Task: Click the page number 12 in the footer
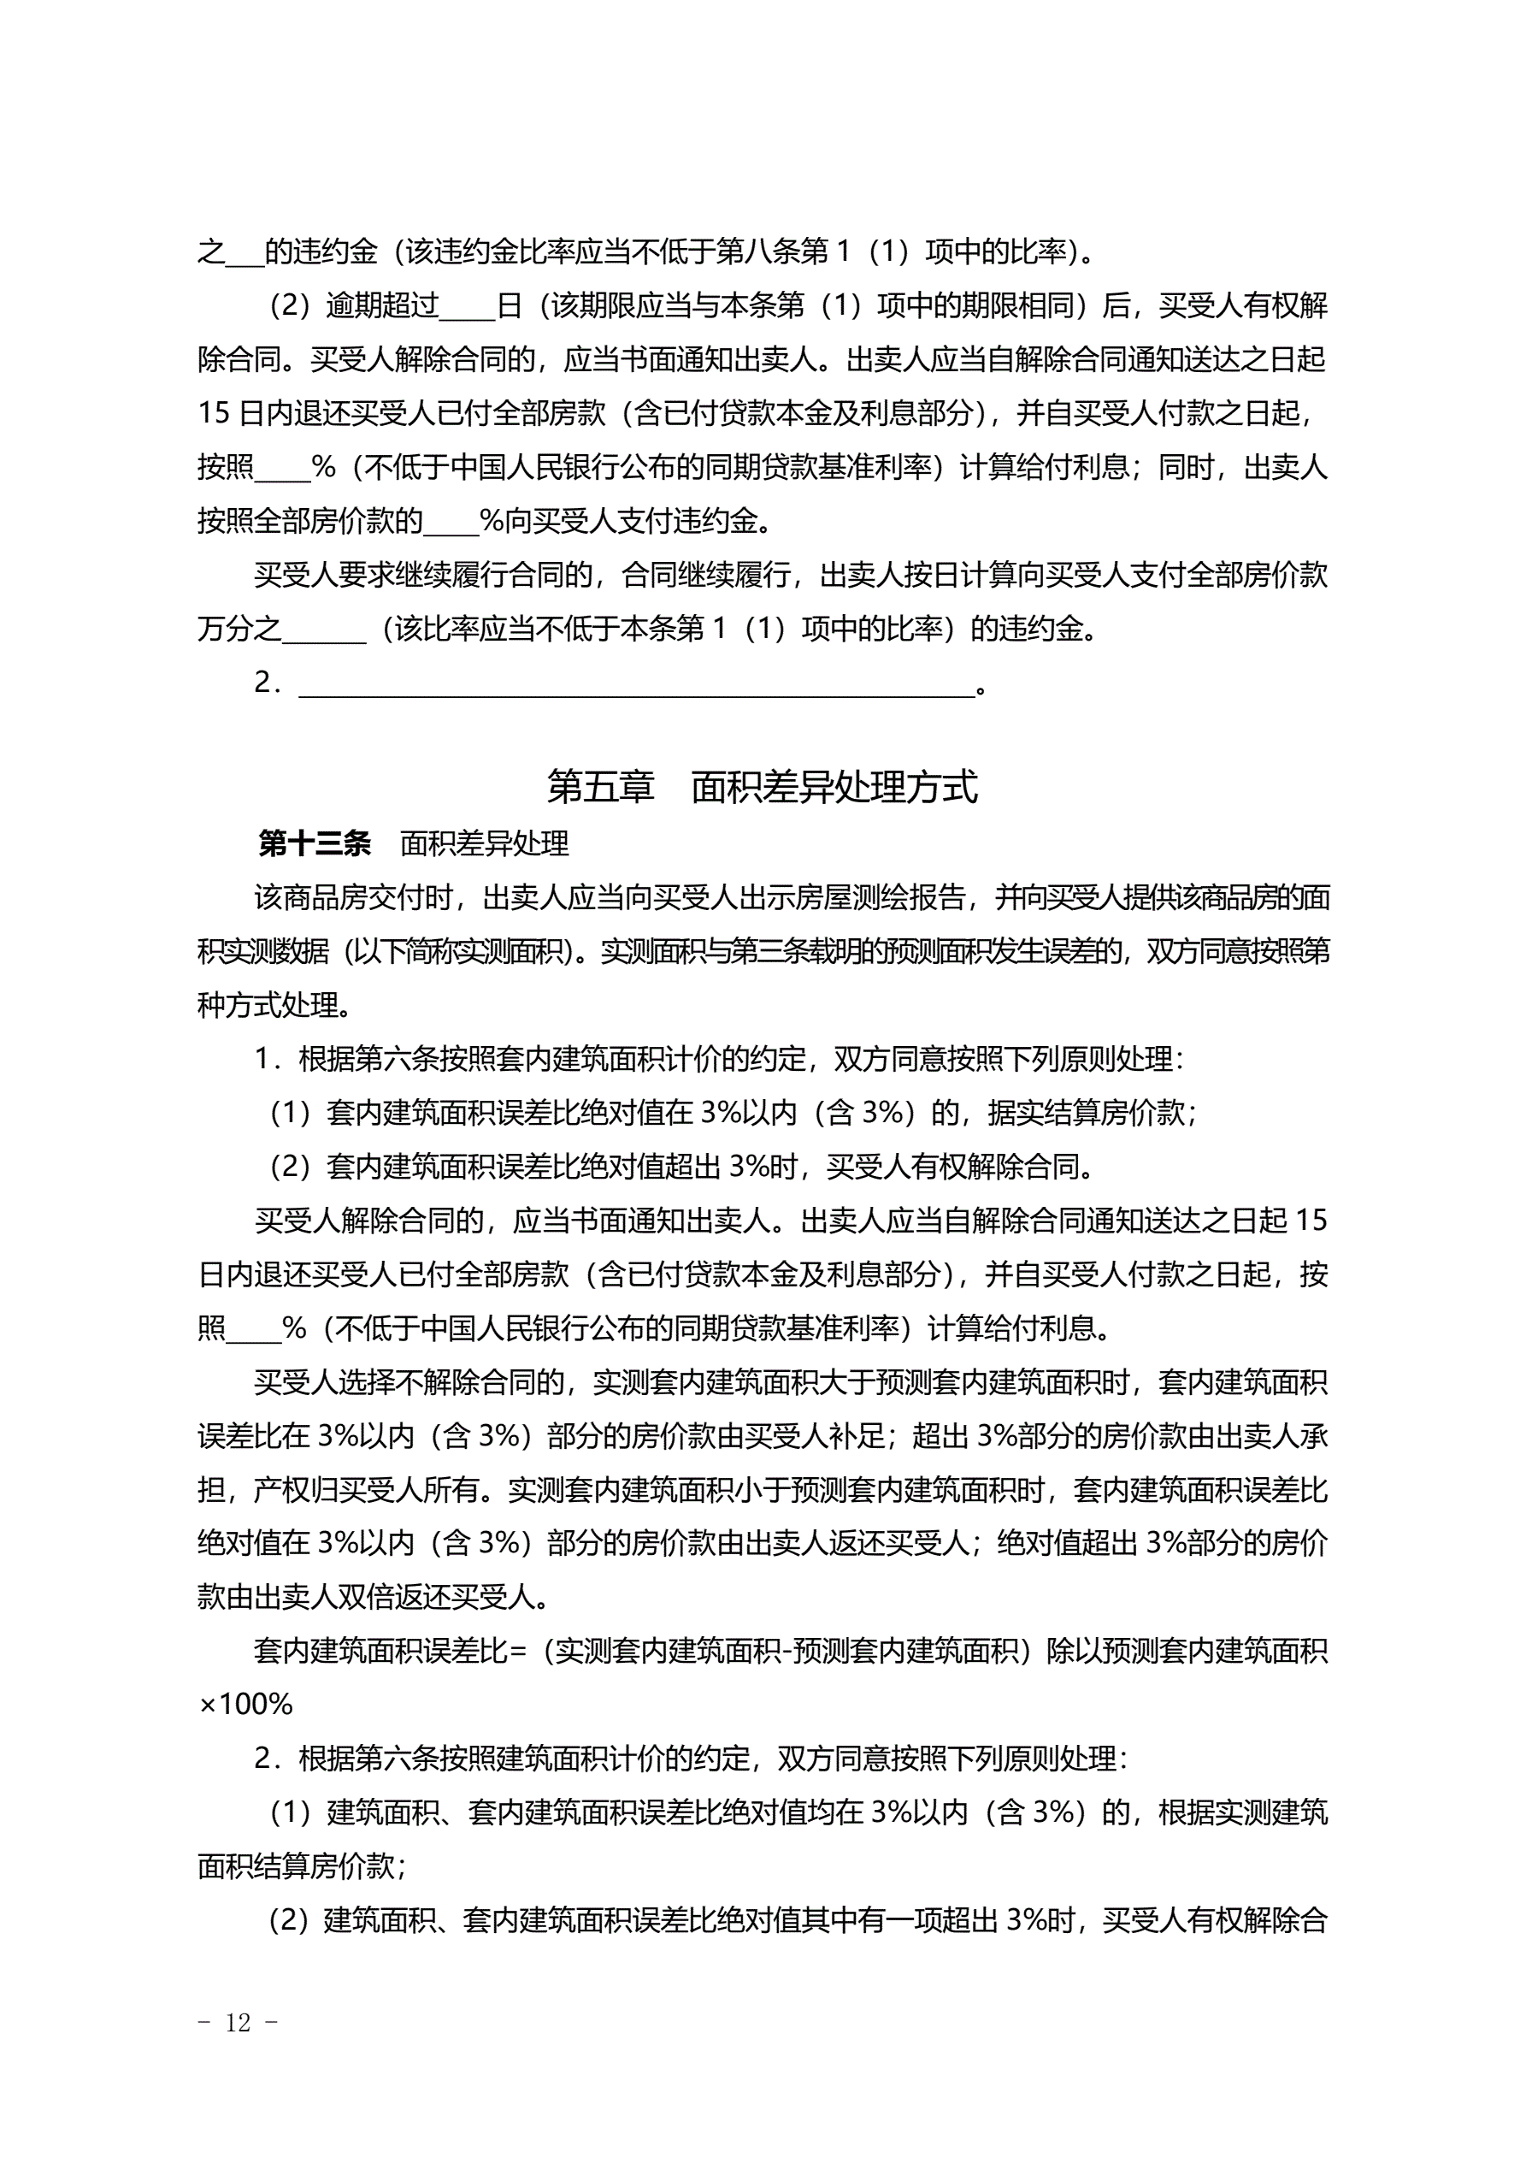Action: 239,2022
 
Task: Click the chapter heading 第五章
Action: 599,787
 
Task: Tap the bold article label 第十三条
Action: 315,844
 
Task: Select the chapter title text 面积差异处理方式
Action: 834,787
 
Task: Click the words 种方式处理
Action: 267,1006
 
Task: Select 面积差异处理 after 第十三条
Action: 484,844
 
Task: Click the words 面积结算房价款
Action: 295,1865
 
